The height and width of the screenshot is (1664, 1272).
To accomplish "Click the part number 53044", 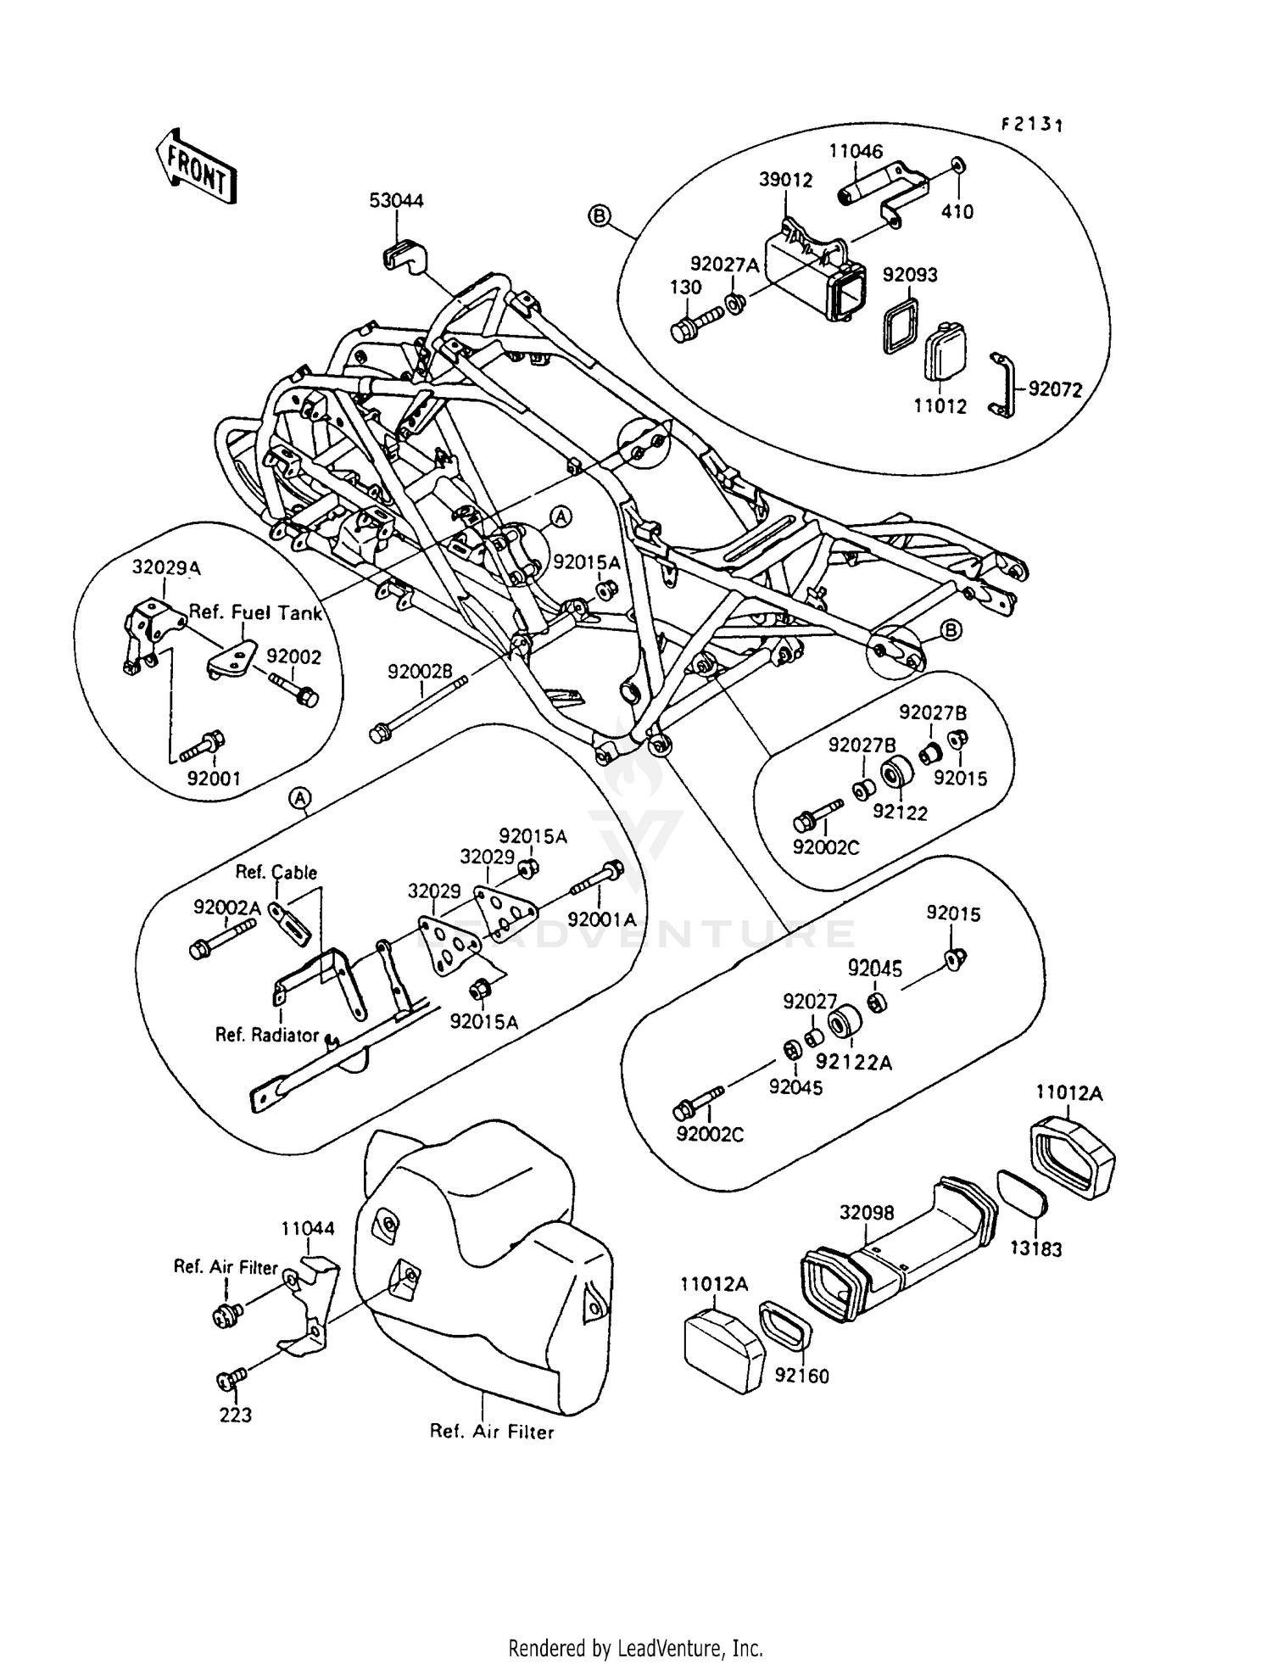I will pyautogui.click(x=396, y=201).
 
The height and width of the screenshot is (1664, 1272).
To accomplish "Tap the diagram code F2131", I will pyautogui.click(x=1031, y=125).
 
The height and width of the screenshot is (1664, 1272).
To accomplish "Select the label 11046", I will pyautogui.click(x=856, y=152).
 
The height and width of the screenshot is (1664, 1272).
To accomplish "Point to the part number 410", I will pyautogui.click(x=957, y=211).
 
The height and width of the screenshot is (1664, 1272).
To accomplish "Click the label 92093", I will pyautogui.click(x=910, y=275).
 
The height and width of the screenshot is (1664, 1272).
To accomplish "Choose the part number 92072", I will pyautogui.click(x=1055, y=389).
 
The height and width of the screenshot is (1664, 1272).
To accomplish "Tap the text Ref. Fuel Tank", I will pyautogui.click(x=255, y=612).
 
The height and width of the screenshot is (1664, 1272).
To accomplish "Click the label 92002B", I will pyautogui.click(x=420, y=671).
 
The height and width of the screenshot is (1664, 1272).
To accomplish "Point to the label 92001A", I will pyautogui.click(x=601, y=920).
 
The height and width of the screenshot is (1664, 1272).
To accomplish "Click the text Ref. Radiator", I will pyautogui.click(x=266, y=1035).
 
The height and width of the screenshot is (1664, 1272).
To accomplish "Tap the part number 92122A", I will pyautogui.click(x=854, y=1062).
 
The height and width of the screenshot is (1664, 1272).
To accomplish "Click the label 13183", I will pyautogui.click(x=1035, y=1249).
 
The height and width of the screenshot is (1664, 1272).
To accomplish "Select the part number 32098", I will pyautogui.click(x=867, y=1214).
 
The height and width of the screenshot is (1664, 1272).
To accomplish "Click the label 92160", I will pyautogui.click(x=801, y=1376).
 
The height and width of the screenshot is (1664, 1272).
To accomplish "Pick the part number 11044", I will pyautogui.click(x=308, y=1228).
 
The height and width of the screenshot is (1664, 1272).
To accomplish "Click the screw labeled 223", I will pyautogui.click(x=229, y=1381).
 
